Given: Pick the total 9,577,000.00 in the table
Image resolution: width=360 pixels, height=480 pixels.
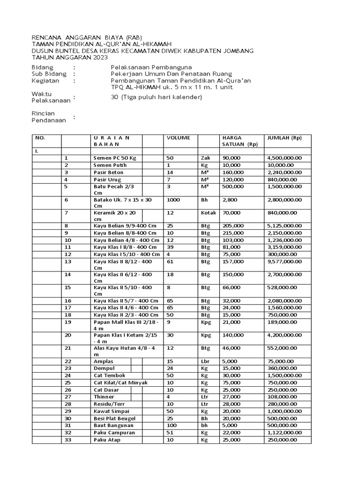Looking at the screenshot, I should click(285, 261).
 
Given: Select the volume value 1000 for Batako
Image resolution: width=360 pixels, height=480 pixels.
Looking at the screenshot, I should click(173, 200).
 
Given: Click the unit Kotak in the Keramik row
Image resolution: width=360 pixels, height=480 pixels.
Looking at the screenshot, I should click(209, 213).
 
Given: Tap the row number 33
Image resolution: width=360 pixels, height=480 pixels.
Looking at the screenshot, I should click(68, 440).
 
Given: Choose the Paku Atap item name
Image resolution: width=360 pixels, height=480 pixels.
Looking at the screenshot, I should click(107, 440).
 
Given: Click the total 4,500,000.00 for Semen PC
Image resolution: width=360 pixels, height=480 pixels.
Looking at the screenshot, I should click(285, 158).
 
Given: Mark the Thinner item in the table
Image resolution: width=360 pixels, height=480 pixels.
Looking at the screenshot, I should click(104, 397).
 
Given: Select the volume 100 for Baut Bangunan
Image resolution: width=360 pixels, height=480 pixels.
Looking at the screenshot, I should click(172, 426).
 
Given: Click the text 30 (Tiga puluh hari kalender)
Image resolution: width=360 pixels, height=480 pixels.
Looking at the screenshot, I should click(156, 97).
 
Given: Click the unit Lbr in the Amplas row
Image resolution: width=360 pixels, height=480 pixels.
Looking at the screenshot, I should click(205, 361).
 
